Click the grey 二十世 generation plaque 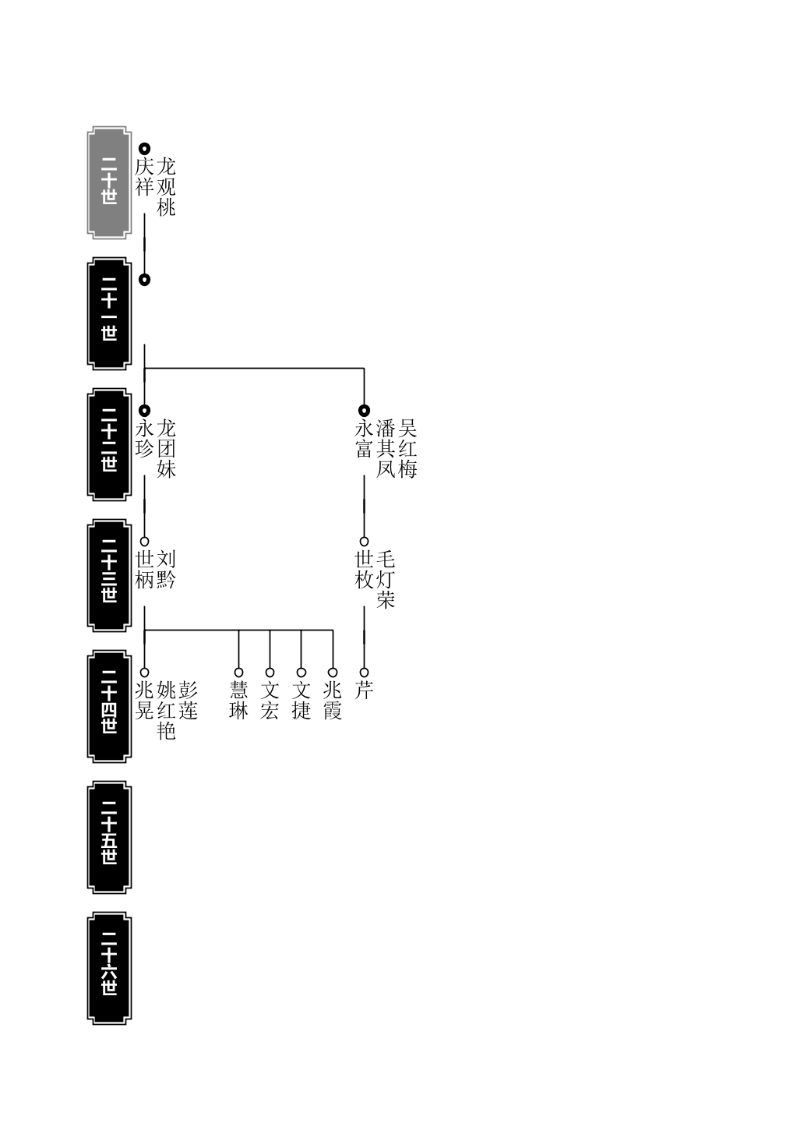(109, 182)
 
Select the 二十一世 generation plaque (109, 313)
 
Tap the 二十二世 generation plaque (109, 444)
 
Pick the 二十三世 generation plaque (109, 575)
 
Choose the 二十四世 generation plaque (109, 706)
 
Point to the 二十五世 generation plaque (109, 838)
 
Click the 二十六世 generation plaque (109, 968)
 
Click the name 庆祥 (144, 177)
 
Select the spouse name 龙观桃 (167, 186)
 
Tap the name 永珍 (144, 439)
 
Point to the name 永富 (364, 439)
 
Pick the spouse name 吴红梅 (407, 448)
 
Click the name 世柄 (144, 570)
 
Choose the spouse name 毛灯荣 (386, 579)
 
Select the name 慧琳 (238, 701)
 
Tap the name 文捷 (301, 701)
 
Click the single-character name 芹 (364, 691)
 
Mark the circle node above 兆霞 (333, 673)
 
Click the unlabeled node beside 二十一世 (144, 280)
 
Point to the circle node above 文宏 (270, 673)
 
